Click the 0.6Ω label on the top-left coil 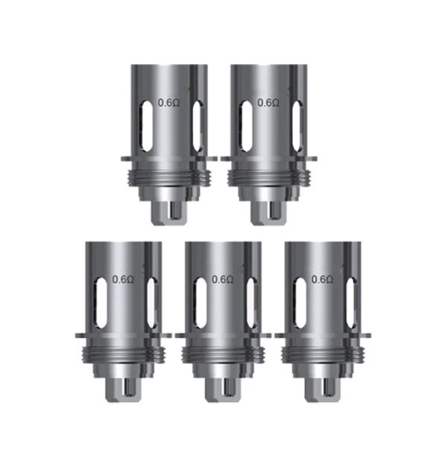pyautogui.click(x=167, y=103)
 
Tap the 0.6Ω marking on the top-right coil pyautogui.click(x=268, y=103)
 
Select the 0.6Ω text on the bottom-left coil pyautogui.click(x=123, y=279)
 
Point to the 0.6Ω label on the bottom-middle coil pyautogui.click(x=223, y=279)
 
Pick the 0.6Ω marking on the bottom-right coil pyautogui.click(x=323, y=279)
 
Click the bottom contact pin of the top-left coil pyautogui.click(x=169, y=210)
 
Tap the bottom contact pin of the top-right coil pyautogui.click(x=269, y=210)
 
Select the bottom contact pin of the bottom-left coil pyautogui.click(x=124, y=386)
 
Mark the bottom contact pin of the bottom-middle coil pyautogui.click(x=223, y=386)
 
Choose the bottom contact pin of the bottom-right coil pyautogui.click(x=323, y=386)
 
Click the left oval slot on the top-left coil pyautogui.click(x=144, y=119)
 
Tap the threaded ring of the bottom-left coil pyautogui.click(x=124, y=351)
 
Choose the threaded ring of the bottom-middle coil pyautogui.click(x=223, y=351)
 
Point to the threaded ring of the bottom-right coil pyautogui.click(x=323, y=351)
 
